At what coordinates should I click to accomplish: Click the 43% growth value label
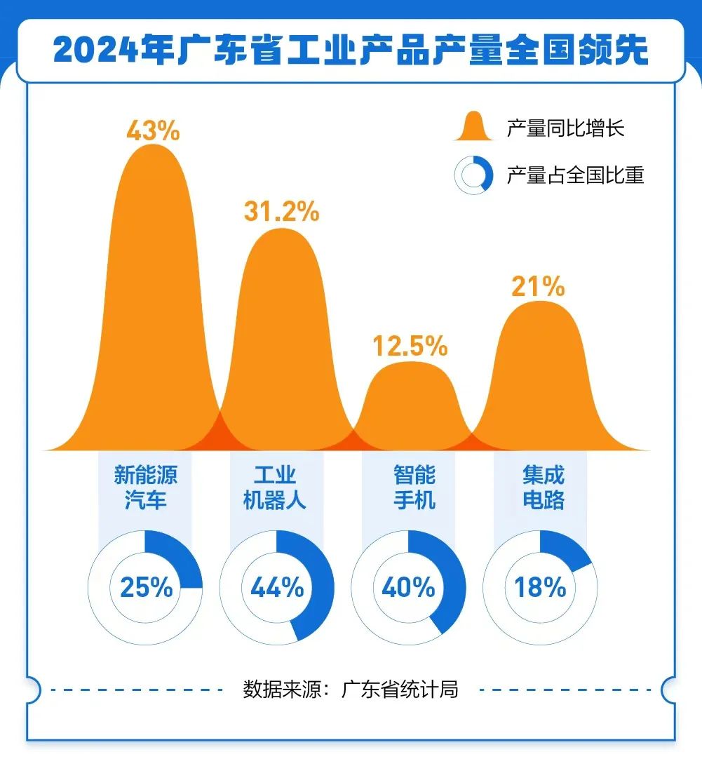153,130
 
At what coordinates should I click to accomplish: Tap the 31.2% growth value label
281,210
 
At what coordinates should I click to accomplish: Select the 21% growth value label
538,286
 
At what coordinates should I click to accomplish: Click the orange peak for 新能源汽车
153,295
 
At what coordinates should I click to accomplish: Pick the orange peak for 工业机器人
281,337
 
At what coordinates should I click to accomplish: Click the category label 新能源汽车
146,488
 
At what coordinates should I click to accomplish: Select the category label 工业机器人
275,488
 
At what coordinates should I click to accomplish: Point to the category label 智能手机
414,488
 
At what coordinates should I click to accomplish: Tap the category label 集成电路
544,488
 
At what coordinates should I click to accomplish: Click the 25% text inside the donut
146,587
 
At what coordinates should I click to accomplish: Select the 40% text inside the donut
408,587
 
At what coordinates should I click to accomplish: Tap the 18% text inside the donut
540,587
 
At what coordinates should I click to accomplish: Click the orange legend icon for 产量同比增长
474,127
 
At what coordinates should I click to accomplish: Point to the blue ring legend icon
474,174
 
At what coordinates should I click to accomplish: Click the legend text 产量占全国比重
575,175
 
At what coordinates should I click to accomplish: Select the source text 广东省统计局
400,689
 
